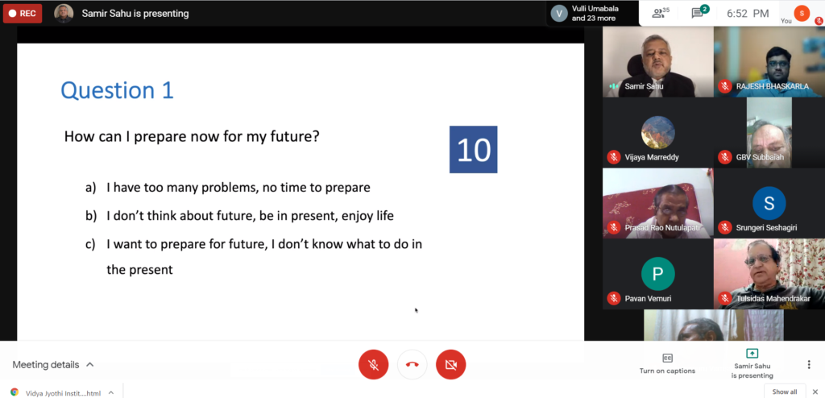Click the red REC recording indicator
click(x=23, y=14)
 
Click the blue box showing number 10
click(x=473, y=150)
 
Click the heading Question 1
click(x=118, y=90)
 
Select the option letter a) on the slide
click(x=90, y=188)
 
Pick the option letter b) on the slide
click(x=90, y=216)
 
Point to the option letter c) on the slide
click(x=90, y=244)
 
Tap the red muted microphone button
click(x=374, y=364)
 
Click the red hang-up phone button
click(x=412, y=364)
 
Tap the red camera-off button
click(x=451, y=364)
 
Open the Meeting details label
click(x=46, y=365)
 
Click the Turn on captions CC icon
click(x=667, y=359)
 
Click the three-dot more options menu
click(x=809, y=364)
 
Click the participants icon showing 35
click(x=661, y=13)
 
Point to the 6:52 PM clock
click(x=748, y=14)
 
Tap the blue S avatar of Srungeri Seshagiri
click(x=769, y=203)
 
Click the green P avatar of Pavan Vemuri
click(x=657, y=274)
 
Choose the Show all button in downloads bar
click(x=785, y=392)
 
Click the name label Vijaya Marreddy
click(x=651, y=157)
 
